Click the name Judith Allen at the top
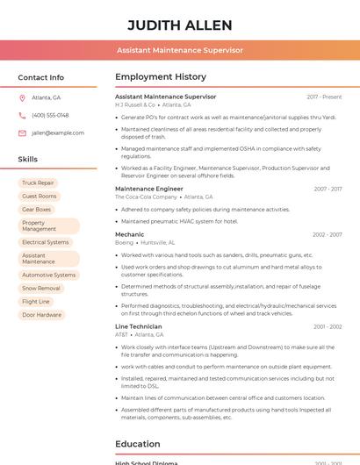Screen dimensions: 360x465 click(180, 25)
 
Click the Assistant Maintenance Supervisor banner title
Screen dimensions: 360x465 click(180, 50)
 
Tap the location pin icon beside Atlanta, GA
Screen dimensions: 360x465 click(22, 97)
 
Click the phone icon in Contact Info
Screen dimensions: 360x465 click(22, 115)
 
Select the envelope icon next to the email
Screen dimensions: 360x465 click(22, 132)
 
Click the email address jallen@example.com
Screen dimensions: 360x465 click(58, 132)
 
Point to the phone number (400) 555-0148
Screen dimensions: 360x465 click(50, 115)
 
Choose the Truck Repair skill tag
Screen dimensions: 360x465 click(38, 182)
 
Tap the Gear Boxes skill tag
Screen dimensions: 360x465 click(37, 210)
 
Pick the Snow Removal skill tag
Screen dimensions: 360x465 click(41, 288)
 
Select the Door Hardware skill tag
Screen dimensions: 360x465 click(41, 314)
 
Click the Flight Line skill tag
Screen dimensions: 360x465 click(36, 301)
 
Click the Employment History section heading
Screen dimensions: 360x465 click(161, 77)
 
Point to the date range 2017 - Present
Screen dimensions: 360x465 click(324, 97)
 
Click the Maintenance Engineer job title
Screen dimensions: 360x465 click(149, 189)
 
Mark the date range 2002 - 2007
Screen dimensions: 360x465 click(328, 234)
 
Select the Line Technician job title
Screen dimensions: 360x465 click(139, 326)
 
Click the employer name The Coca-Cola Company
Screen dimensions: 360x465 click(147, 197)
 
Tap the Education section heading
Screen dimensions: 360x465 click(137, 444)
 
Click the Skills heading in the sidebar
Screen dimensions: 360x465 click(28, 160)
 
